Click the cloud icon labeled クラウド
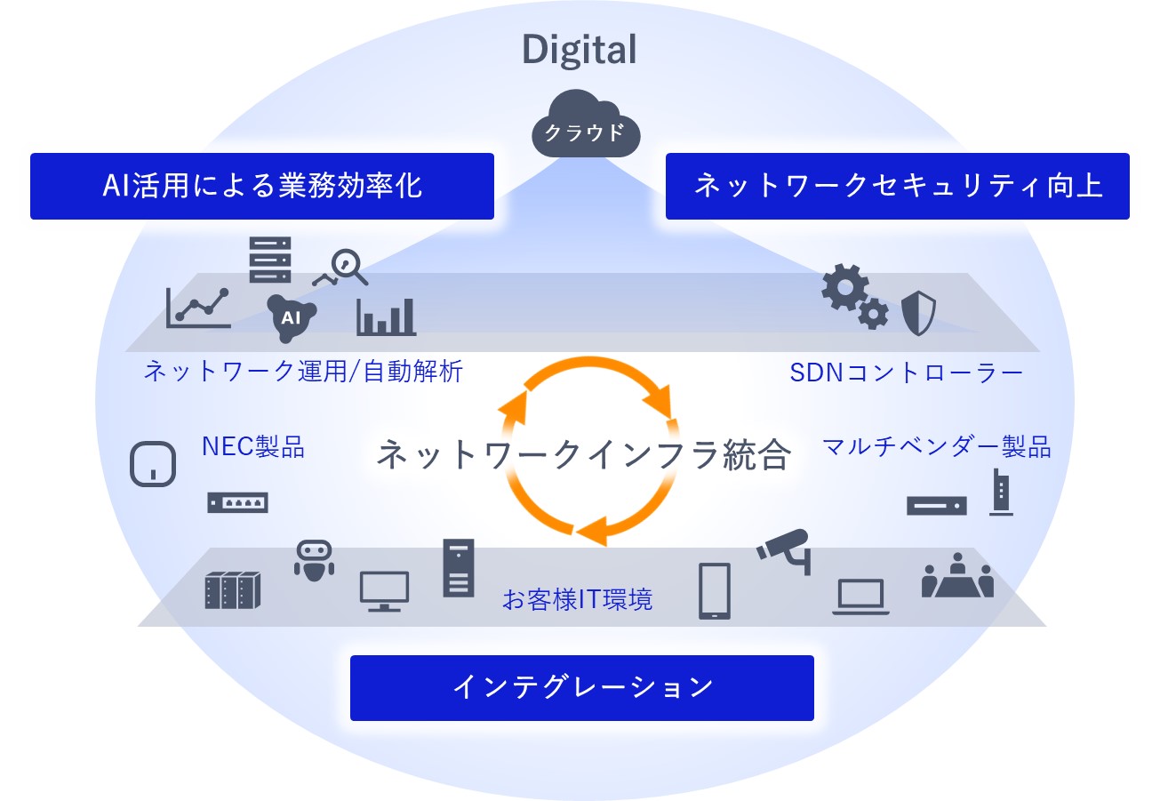[580, 130]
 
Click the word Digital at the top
[579, 50]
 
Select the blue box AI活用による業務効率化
[261, 186]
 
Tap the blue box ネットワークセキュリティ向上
[897, 186]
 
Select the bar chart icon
[386, 316]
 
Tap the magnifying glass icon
[348, 268]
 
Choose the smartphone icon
[714, 590]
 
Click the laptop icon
[860, 597]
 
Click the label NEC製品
[253, 446]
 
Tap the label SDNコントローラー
[907, 372]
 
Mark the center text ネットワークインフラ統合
[583, 454]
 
